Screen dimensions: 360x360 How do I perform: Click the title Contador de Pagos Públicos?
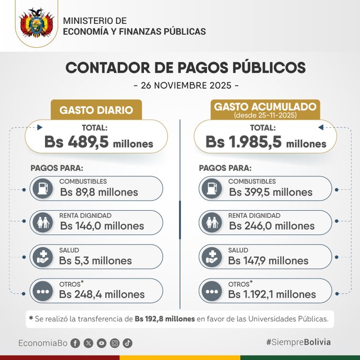[x=185, y=68]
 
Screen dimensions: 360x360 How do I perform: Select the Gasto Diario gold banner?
[x=96, y=110]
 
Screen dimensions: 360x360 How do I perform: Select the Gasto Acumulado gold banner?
[x=265, y=109]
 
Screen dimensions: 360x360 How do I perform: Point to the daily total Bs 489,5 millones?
[x=99, y=143]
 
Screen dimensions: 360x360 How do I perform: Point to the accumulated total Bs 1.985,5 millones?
[x=266, y=143]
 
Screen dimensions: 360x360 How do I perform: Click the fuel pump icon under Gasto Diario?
[x=42, y=188]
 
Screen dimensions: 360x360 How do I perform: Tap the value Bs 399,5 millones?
[x=271, y=192]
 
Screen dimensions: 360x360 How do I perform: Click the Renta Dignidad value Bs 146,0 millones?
[x=102, y=226]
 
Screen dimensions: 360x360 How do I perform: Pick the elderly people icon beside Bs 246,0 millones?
[x=211, y=223]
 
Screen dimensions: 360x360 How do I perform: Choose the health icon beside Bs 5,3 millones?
[x=42, y=257]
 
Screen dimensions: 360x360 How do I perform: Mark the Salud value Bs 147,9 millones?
[x=268, y=260]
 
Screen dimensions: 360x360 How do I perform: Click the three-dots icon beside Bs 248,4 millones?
[x=42, y=291]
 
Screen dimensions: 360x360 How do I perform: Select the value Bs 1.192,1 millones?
[x=272, y=294]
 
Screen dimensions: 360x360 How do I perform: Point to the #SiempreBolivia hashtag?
[x=298, y=342]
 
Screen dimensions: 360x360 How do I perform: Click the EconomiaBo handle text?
[x=42, y=343]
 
